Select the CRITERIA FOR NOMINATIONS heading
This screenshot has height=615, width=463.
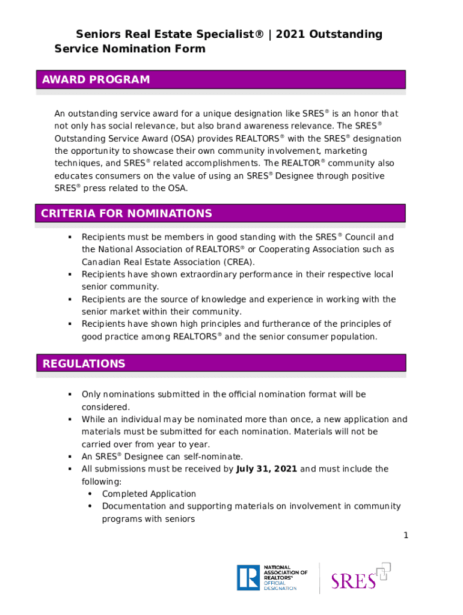[x=126, y=213]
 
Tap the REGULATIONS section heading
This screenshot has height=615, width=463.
[x=84, y=363]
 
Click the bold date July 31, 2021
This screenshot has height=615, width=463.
[x=267, y=469]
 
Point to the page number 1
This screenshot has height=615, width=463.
[x=406, y=536]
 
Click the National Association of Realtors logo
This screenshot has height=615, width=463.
[x=272, y=577]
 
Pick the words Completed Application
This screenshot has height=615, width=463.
[x=149, y=494]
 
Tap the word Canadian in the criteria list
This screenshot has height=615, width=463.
[x=100, y=262]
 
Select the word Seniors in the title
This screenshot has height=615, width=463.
[x=96, y=34]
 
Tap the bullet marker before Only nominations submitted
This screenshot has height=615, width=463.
[x=69, y=394]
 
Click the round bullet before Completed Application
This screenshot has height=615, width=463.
[x=90, y=494]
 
